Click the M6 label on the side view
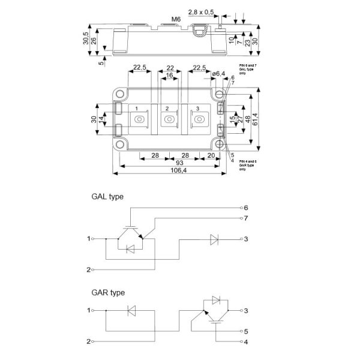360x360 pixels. [x=176, y=19]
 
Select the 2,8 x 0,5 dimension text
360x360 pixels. [x=200, y=12]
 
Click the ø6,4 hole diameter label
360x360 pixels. [x=218, y=74]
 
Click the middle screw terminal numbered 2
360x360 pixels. [x=169, y=119]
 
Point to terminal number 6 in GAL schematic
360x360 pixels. [x=245, y=208]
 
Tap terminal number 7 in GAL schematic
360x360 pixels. [x=245, y=218]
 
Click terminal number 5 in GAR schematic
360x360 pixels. [x=245, y=331]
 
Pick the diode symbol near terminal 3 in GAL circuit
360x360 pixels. [x=214, y=239]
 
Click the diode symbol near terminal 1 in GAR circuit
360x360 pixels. [x=133, y=310]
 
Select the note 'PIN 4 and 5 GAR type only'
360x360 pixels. [x=247, y=166]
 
